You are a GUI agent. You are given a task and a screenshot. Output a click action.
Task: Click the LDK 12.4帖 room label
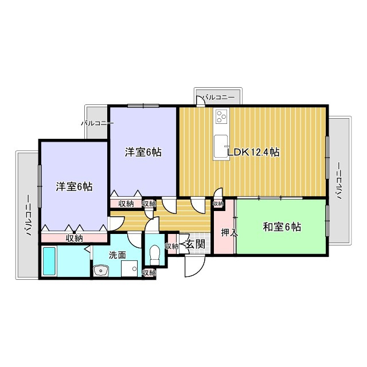pos(253,153)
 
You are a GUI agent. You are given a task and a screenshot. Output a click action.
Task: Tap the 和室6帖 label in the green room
pos(282,227)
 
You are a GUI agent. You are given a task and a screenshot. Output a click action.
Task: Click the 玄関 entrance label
pos(195,244)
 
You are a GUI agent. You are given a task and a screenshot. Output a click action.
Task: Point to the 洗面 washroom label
pos(118,255)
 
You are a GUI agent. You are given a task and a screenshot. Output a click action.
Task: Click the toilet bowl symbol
pos(154,252)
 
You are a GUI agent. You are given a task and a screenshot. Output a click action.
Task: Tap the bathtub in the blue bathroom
pos(49,261)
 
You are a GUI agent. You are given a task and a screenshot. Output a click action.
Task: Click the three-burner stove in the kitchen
pos(221,118)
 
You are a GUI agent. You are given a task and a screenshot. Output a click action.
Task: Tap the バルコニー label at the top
pos(218,98)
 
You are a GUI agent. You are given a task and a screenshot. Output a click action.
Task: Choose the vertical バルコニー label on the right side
pos(339,180)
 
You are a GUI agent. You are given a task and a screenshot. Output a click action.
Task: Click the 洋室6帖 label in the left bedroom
pos(74,186)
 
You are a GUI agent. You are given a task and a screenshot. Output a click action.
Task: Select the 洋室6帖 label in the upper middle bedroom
pos(143,153)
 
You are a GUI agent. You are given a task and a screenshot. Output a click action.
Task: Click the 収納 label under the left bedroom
pos(73,238)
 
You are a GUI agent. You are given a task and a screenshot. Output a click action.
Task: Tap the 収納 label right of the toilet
pos(172,246)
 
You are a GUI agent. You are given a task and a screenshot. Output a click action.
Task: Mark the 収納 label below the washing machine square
pos(149,273)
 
